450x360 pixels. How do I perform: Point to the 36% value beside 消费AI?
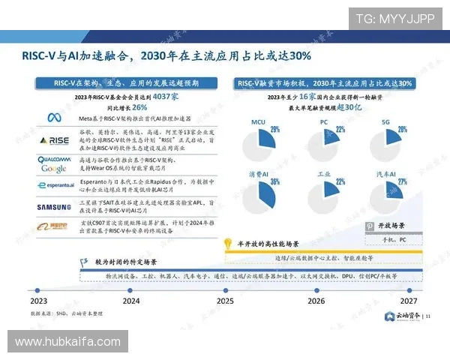pos(274,181)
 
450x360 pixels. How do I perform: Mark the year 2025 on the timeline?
pos(225,301)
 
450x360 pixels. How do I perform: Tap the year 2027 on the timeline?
pos(409,301)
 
